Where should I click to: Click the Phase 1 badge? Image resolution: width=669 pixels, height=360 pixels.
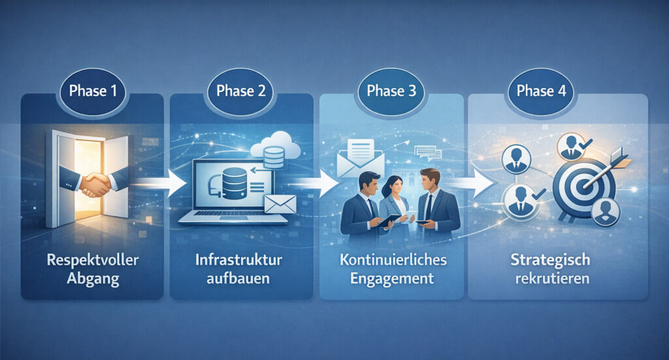pyautogui.click(x=92, y=91)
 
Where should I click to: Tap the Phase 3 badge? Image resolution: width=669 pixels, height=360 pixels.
pyautogui.click(x=391, y=91)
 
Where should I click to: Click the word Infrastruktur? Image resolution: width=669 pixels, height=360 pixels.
pyautogui.click(x=238, y=259)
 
